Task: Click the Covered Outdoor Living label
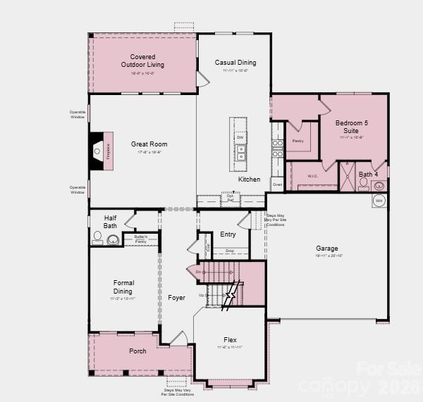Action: pyautogui.click(x=142, y=61)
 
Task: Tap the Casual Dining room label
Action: pyautogui.click(x=235, y=63)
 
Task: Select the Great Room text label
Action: pyautogui.click(x=149, y=144)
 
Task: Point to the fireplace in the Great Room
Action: pyautogui.click(x=99, y=151)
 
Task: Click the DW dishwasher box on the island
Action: pyautogui.click(x=240, y=137)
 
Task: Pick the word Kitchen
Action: pyautogui.click(x=249, y=180)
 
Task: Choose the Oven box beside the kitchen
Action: pyautogui.click(x=277, y=184)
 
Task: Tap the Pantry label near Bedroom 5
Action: pyautogui.click(x=298, y=141)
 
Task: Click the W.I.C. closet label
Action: pyautogui.click(x=314, y=175)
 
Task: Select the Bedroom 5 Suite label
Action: pyautogui.click(x=351, y=127)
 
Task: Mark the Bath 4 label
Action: pyautogui.click(x=368, y=174)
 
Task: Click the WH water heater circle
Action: pyautogui.click(x=379, y=201)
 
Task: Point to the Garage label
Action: pyautogui.click(x=327, y=249)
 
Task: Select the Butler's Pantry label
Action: pyautogui.click(x=140, y=239)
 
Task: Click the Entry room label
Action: pyautogui.click(x=228, y=234)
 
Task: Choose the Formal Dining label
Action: pyautogui.click(x=123, y=287)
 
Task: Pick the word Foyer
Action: pyautogui.click(x=176, y=298)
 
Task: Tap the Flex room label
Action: pyautogui.click(x=229, y=340)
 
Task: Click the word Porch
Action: pyautogui.click(x=137, y=351)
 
